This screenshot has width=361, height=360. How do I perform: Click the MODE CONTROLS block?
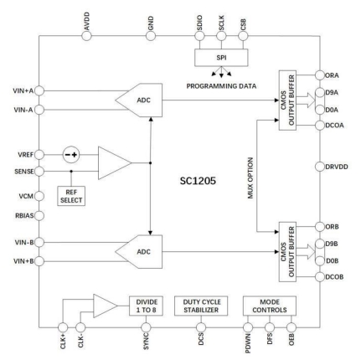click(x=264, y=306)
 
